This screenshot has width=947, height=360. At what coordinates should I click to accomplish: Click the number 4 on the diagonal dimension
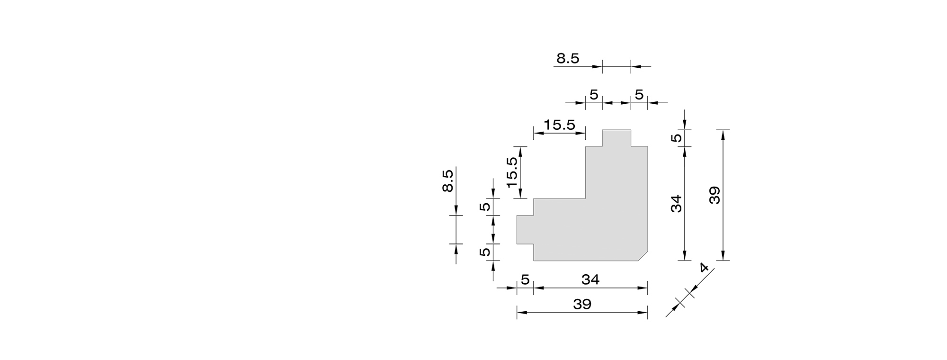coord(704,268)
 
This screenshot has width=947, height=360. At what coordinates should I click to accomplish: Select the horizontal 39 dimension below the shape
coord(582,304)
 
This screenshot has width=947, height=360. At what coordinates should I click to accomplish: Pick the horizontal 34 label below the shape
coord(590,280)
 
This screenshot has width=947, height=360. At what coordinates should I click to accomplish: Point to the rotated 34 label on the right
coord(677,203)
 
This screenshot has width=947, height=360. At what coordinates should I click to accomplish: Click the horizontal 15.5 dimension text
coord(559,125)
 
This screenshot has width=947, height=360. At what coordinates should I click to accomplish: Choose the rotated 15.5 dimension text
coord(512,172)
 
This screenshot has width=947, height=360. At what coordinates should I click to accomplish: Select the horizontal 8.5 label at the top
coord(568,58)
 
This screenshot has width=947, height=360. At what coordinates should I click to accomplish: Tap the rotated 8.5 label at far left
coord(447,180)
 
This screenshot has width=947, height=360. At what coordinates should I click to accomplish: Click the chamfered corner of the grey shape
coord(643,256)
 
